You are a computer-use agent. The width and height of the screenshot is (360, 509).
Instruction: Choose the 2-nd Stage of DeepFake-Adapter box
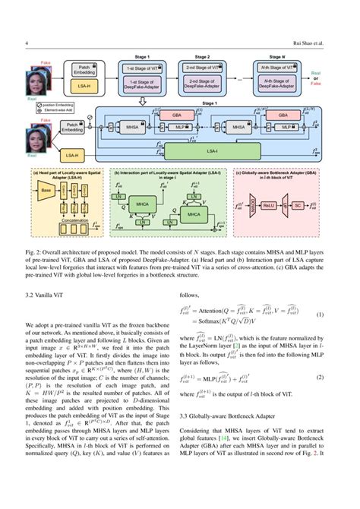click(x=203, y=85)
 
